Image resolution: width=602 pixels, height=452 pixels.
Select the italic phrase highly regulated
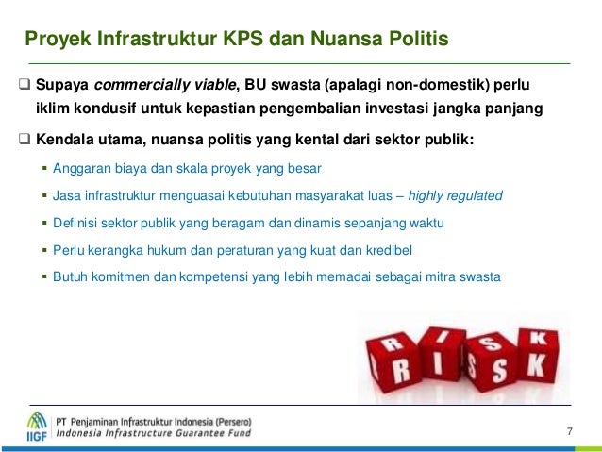pyautogui.click(x=461, y=196)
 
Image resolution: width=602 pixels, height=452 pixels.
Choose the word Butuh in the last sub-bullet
pyautogui.click(x=71, y=277)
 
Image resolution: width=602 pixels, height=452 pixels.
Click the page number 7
pyautogui.click(x=569, y=432)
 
